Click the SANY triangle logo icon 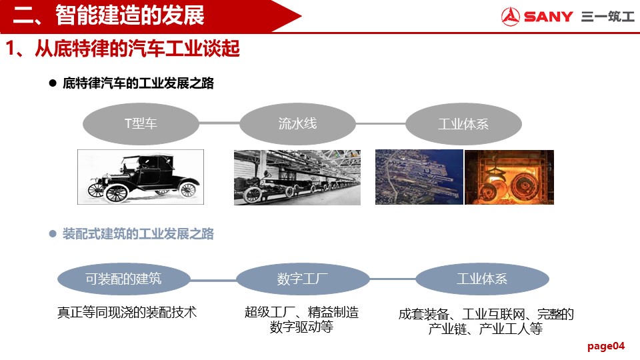tap(510, 16)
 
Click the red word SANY tap(549, 17)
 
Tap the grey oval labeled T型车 tap(141, 124)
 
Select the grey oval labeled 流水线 tap(297, 124)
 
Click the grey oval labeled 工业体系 tap(463, 124)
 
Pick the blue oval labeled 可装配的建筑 tap(124, 279)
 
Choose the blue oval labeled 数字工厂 tap(303, 279)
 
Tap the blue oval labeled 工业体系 tap(482, 279)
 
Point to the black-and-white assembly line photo tap(297, 177)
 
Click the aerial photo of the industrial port tap(419, 177)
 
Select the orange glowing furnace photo tap(509, 177)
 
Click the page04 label tap(606, 346)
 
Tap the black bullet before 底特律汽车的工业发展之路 tap(53, 83)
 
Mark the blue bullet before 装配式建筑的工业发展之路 tap(53, 234)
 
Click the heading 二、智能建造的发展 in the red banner tap(109, 15)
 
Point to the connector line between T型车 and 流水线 tap(219, 123)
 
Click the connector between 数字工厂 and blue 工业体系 tap(393, 279)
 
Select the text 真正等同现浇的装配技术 tap(127, 313)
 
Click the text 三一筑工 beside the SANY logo tap(608, 17)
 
